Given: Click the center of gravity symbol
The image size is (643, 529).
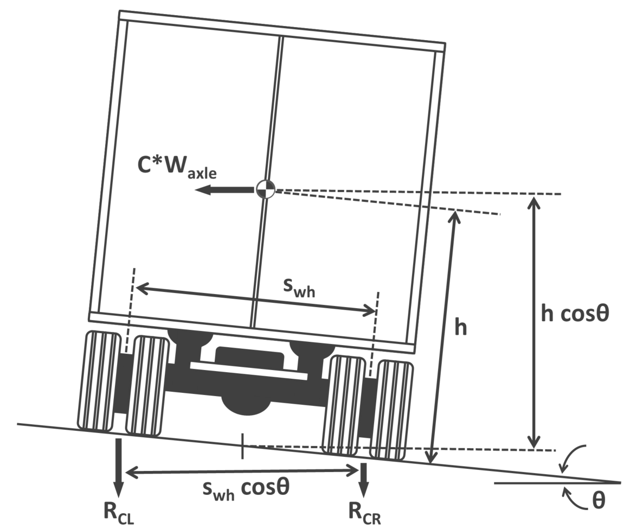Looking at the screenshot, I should click(x=266, y=189).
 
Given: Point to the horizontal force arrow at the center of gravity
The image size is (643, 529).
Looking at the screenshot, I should click(x=225, y=190).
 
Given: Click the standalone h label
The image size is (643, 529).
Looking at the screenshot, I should click(x=460, y=327).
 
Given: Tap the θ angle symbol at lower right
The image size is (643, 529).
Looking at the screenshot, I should click(x=598, y=500).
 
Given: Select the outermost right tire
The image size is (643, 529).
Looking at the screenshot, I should click(x=394, y=409).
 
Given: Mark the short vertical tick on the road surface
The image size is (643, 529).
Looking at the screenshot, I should click(x=243, y=446).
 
